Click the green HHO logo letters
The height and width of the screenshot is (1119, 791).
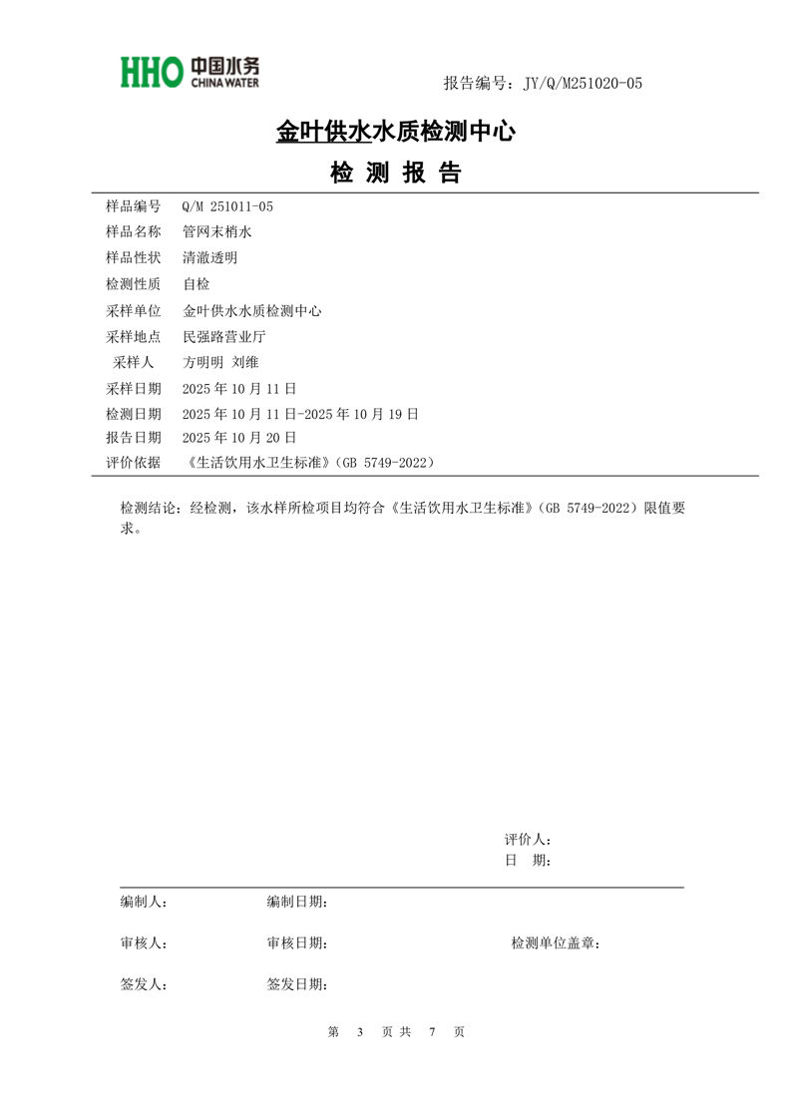(152, 71)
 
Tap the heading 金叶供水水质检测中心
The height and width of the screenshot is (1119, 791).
(395, 131)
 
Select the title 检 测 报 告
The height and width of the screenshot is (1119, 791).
(395, 174)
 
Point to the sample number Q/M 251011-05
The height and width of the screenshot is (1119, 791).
(227, 206)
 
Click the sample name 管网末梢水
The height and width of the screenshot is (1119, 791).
(217, 231)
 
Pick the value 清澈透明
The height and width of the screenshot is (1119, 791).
(209, 257)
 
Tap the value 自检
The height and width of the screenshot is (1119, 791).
(197, 284)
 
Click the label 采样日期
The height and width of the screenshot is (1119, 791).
(133, 388)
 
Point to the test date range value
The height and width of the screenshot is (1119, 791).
(300, 413)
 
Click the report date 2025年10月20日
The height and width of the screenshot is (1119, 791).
(239, 437)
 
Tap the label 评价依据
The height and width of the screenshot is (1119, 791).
(133, 463)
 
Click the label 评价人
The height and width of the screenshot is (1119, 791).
(527, 840)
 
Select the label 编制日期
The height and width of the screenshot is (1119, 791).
(296, 902)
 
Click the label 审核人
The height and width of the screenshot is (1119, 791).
(143, 942)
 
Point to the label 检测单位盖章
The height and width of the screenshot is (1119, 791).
(555, 942)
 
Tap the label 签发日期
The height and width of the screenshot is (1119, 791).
(296, 984)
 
